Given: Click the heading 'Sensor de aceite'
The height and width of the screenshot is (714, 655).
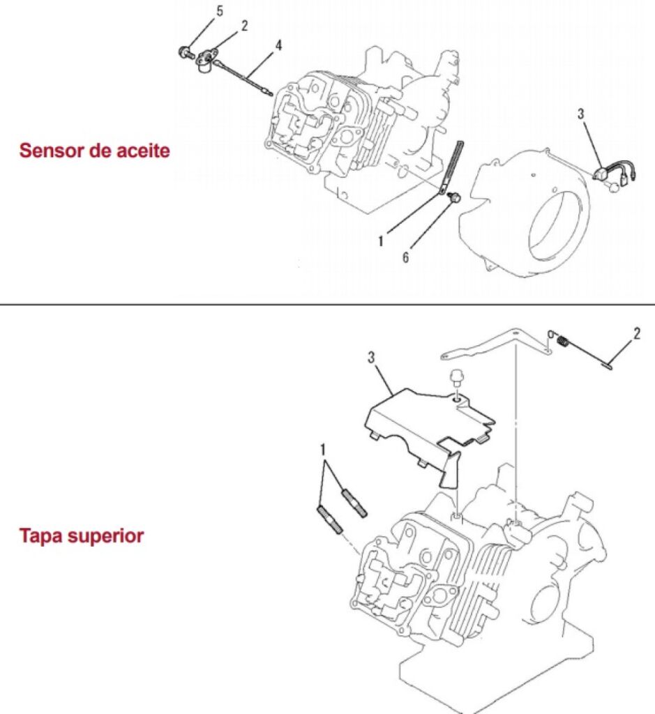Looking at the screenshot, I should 94,150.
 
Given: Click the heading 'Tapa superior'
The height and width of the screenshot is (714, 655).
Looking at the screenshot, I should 82,536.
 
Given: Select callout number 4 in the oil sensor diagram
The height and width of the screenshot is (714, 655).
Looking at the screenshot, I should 278,45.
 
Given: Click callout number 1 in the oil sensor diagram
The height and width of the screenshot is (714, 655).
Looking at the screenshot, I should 381,241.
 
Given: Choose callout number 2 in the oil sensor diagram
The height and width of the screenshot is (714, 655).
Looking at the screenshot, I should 244,26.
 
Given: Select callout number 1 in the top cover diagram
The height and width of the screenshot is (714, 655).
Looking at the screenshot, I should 323,450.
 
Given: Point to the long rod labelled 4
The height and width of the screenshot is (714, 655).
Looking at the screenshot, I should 244,76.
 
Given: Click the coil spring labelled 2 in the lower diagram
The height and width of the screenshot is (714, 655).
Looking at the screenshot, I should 565,341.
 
